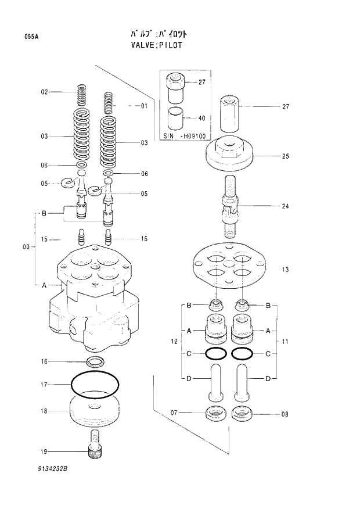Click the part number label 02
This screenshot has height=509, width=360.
click(44, 92)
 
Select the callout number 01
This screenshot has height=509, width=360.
click(143, 106)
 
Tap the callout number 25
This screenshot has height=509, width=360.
click(286, 156)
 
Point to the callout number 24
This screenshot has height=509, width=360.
click(286, 206)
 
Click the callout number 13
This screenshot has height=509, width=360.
click(286, 270)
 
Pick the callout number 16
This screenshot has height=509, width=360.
click(44, 362)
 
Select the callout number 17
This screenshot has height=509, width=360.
click(44, 384)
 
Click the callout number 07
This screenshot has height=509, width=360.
click(174, 414)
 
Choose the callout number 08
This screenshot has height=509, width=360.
click(285, 414)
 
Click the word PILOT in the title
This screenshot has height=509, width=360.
click(168, 44)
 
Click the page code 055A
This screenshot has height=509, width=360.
click(31, 37)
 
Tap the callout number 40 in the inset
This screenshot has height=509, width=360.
click(201, 118)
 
